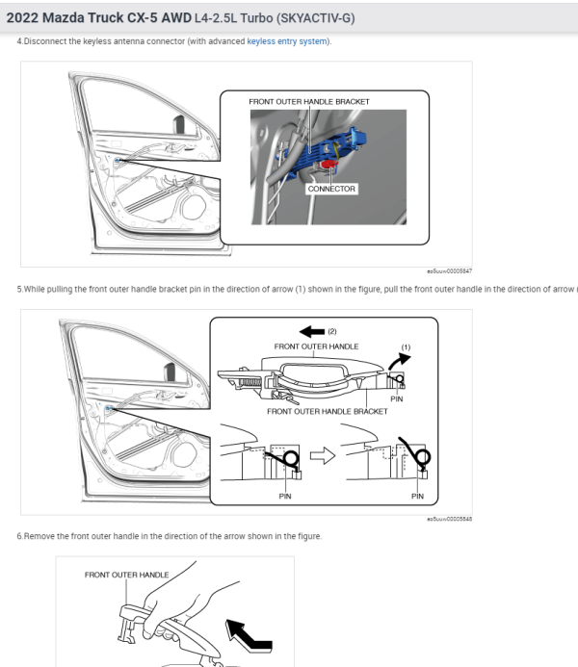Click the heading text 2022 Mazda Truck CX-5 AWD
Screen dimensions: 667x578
point(97,16)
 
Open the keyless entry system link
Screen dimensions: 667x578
point(288,41)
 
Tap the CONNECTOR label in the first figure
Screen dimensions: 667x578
point(331,189)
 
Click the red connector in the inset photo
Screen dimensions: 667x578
point(329,167)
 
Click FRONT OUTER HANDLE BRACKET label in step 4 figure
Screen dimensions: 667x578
point(308,101)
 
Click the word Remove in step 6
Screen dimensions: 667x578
point(37,536)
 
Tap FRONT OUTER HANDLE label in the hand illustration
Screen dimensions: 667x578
point(126,575)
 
